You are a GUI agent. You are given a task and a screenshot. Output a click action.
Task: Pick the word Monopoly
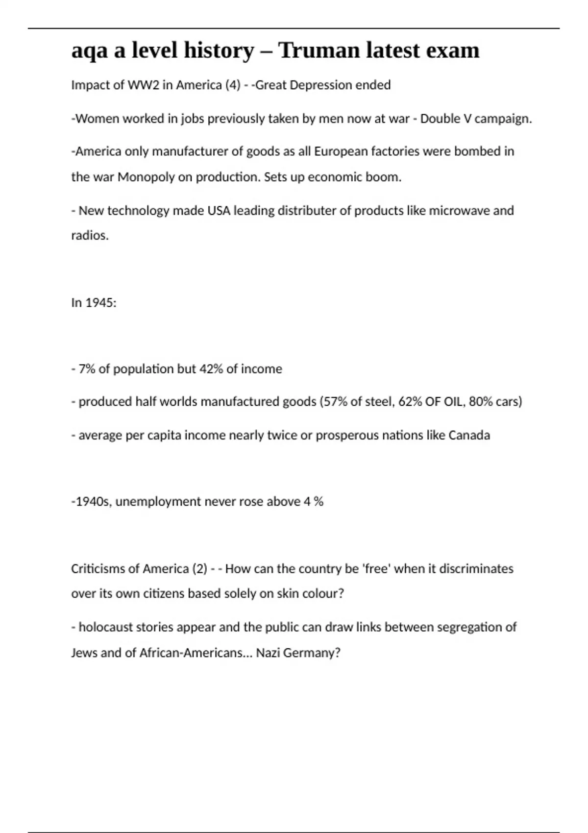146,177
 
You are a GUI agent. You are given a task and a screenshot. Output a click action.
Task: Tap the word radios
89,236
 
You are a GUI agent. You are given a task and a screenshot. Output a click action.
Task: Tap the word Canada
469,435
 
